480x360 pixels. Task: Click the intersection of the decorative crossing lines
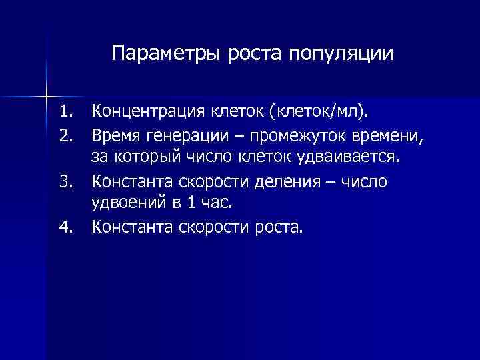click(47, 91)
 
